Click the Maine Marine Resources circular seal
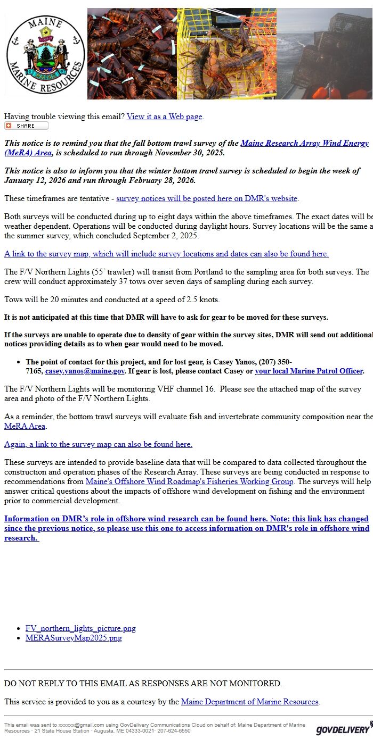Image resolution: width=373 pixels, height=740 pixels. (x=45, y=54)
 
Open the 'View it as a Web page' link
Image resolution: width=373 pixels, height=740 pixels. (x=164, y=117)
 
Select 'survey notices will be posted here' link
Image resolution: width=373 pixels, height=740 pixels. (x=207, y=198)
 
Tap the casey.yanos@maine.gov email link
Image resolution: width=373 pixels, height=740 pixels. (x=85, y=371)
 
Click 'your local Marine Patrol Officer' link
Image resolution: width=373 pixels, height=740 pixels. (x=309, y=371)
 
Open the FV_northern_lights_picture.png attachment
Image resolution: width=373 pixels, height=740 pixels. (x=80, y=628)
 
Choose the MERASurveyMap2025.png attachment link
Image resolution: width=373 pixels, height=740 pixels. (x=74, y=638)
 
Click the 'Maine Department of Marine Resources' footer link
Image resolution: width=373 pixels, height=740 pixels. (x=249, y=702)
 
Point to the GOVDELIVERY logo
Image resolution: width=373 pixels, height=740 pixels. (x=342, y=729)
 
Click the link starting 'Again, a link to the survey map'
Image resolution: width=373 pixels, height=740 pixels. (x=98, y=444)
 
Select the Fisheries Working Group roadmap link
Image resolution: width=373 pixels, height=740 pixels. (x=189, y=481)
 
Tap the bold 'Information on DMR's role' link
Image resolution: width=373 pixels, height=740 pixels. (x=186, y=528)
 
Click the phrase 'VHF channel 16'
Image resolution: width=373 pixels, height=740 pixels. (x=186, y=389)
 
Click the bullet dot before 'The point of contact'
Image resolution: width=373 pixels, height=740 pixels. (x=19, y=362)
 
